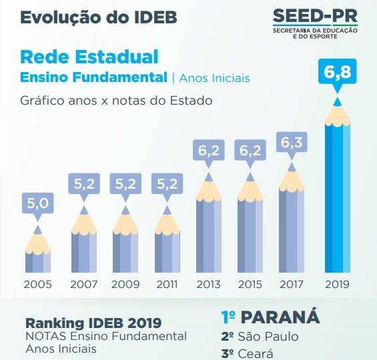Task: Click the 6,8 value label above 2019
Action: [x=337, y=72]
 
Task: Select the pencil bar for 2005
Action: [x=38, y=249]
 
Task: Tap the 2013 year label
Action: [x=208, y=285]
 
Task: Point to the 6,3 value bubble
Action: [x=292, y=142]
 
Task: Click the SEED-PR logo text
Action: [x=315, y=16]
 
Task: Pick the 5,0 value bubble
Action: [x=38, y=203]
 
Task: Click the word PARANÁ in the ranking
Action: [x=280, y=317]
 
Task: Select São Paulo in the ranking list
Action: [x=268, y=336]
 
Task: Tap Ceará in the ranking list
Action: [x=256, y=353]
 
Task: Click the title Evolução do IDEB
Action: [x=99, y=17]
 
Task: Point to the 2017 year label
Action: [x=292, y=285]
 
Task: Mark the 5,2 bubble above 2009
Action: [x=125, y=184]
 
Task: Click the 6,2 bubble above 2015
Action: [x=250, y=151]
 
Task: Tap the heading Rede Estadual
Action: [x=89, y=57]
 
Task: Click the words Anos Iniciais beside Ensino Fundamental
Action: [x=214, y=78]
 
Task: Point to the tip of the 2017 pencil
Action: [x=292, y=163]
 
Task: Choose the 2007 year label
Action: [x=84, y=285]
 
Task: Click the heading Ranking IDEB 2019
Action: [x=93, y=323]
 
